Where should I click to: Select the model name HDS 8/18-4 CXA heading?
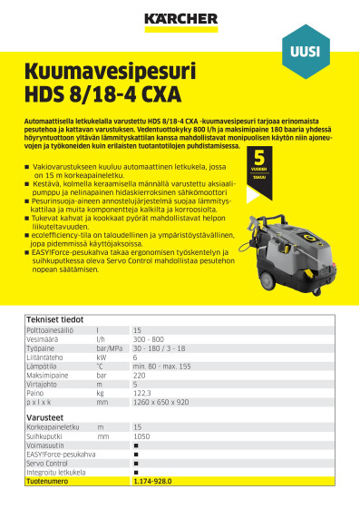[x=103, y=93]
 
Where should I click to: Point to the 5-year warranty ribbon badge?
[x=258, y=170]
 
